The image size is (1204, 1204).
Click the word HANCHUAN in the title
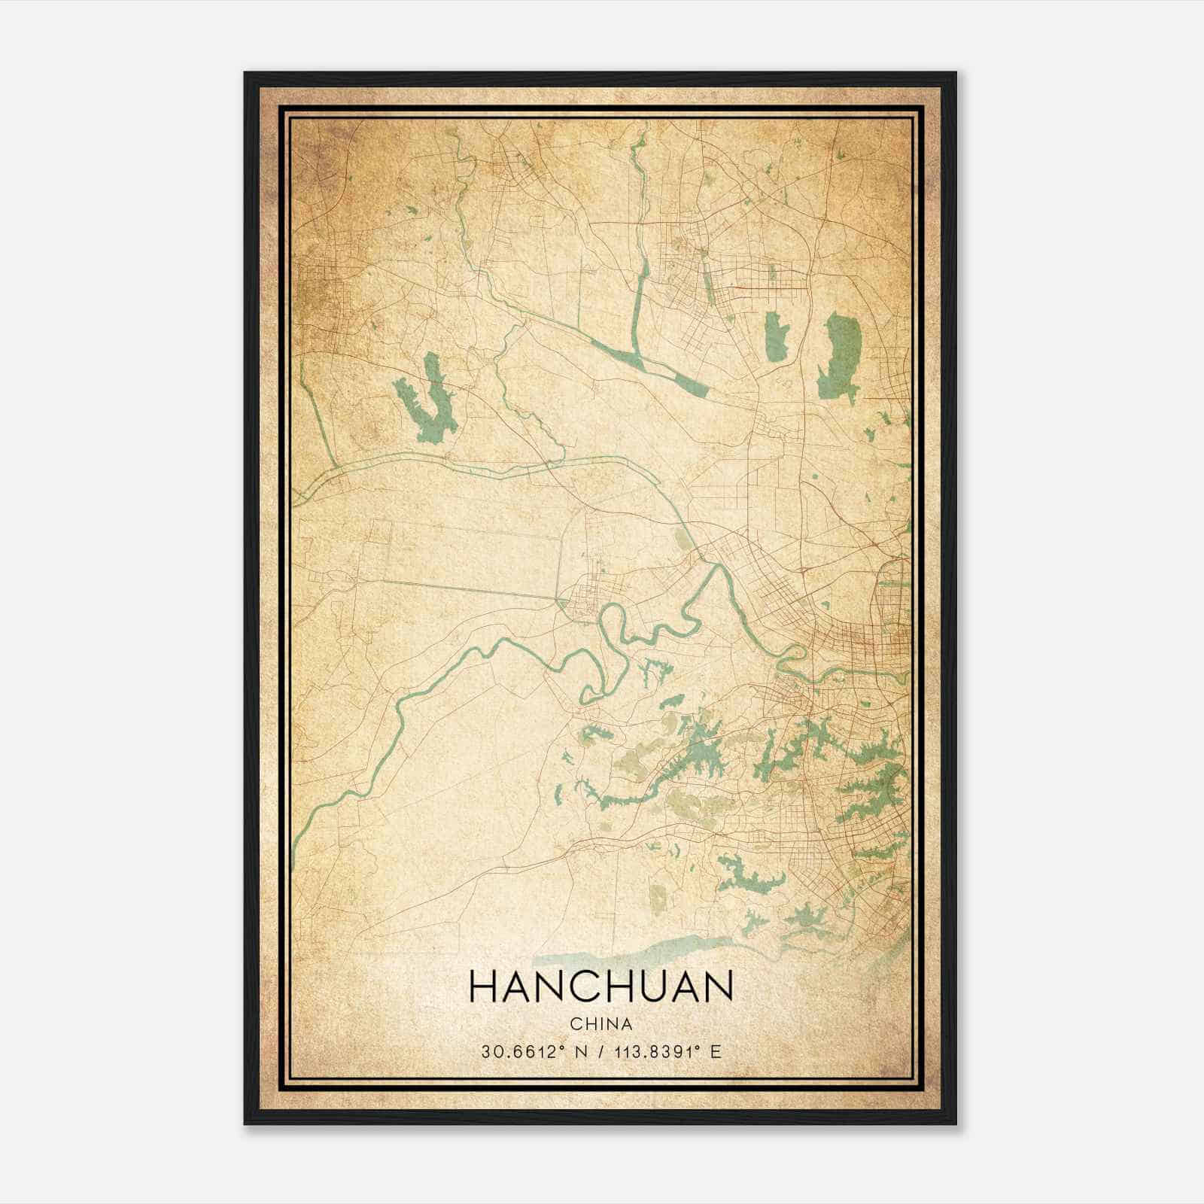tap(600, 987)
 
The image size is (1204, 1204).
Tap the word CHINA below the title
tap(600, 1024)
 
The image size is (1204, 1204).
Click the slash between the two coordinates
tap(599, 1052)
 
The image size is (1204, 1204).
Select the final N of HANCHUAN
tap(719, 987)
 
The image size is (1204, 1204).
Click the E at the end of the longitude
tap(716, 1052)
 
